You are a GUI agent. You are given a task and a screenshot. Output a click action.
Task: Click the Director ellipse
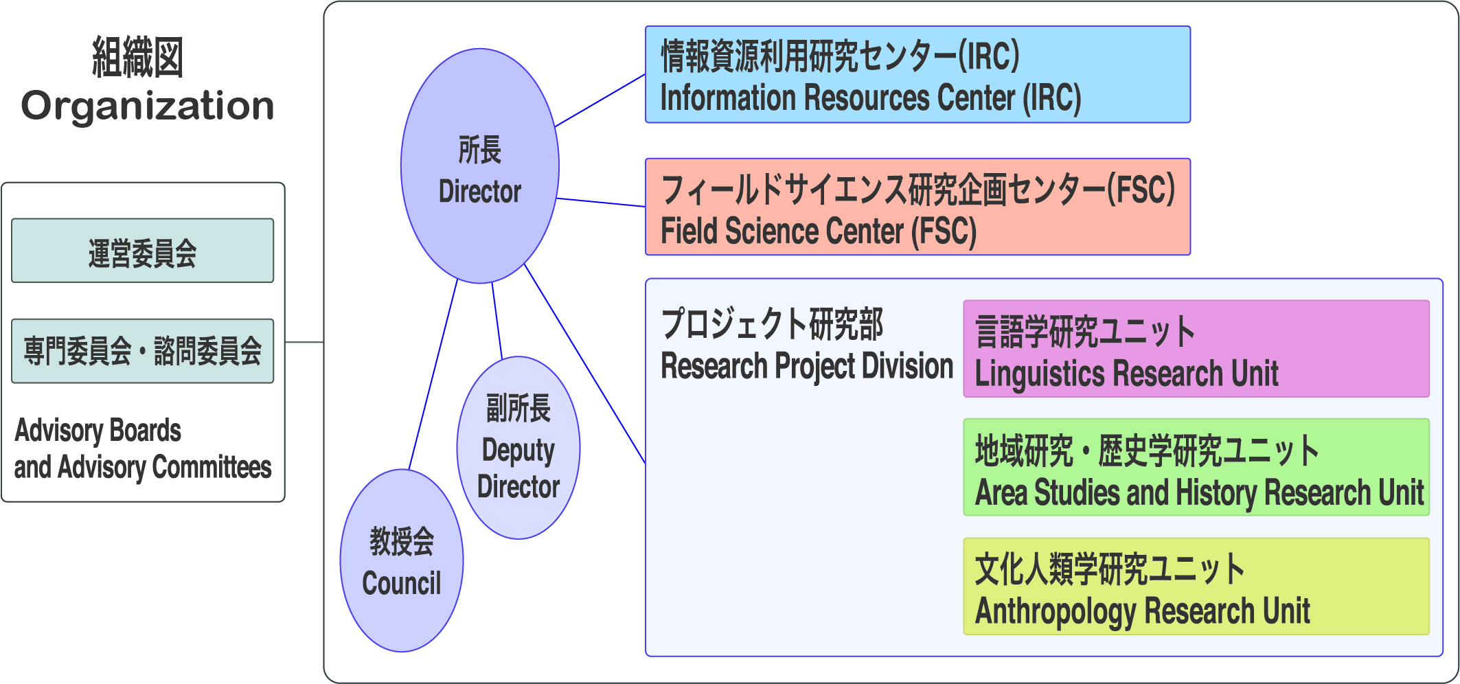480,166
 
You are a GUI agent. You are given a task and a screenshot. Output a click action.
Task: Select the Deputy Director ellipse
518,448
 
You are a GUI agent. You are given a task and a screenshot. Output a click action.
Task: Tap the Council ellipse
402,560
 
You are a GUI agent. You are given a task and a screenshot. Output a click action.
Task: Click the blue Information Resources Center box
917,74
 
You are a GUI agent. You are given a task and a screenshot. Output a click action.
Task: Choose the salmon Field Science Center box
917,207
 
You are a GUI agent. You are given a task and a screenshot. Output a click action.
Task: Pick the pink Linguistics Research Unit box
1196,348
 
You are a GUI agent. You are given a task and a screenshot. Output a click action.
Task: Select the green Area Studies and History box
1196,467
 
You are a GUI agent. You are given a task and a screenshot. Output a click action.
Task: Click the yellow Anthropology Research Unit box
1196,586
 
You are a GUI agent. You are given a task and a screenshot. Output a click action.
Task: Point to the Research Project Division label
807,366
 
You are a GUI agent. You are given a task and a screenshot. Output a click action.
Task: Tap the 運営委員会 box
143,251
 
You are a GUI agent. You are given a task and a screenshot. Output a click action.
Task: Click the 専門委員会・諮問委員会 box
143,351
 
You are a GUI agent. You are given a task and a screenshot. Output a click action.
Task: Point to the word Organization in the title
148,106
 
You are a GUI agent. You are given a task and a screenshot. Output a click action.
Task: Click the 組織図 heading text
138,58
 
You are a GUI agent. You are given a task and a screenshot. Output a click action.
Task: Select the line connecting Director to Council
433,374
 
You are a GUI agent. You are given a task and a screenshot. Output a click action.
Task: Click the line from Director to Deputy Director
497,320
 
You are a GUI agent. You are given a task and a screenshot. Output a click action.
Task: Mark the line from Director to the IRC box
600,100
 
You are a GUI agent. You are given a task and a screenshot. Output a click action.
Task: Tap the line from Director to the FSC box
601,202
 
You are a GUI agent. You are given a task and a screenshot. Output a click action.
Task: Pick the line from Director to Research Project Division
585,363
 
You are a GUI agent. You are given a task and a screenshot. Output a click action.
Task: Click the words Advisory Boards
98,431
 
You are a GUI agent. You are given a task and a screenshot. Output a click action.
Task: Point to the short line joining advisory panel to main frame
304,342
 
